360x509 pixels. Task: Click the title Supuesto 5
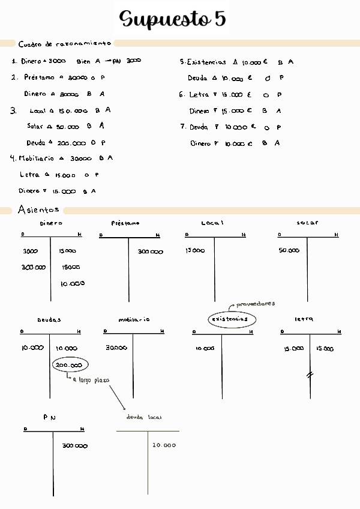pyautogui.click(x=173, y=19)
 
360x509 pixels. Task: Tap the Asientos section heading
pyautogui.click(x=38, y=209)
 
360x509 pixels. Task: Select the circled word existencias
pyautogui.click(x=231, y=319)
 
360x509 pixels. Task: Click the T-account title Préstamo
pyautogui.click(x=125, y=223)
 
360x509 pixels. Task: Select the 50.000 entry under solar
pyautogui.click(x=289, y=250)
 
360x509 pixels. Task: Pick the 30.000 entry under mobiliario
pyautogui.click(x=116, y=348)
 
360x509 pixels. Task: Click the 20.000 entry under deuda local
pyautogui.click(x=164, y=445)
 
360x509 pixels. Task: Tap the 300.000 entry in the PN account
pyautogui.click(x=75, y=446)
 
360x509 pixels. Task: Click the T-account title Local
pyautogui.click(x=212, y=223)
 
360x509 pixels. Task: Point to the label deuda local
pyautogui.click(x=144, y=417)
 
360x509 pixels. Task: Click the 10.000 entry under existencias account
pyautogui.click(x=205, y=348)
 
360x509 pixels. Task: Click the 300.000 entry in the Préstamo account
pyautogui.click(x=150, y=252)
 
